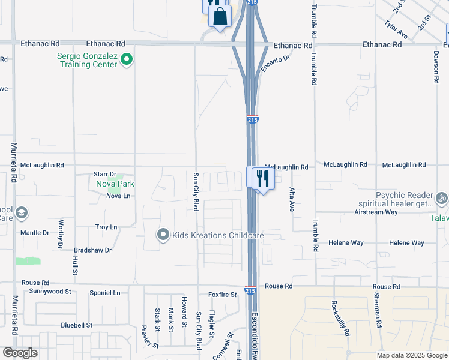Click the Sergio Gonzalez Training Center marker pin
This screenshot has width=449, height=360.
point(127,59)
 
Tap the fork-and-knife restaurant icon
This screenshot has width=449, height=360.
point(261,177)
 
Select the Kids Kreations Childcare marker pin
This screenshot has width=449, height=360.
point(163,235)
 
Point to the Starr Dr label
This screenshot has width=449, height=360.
point(104,174)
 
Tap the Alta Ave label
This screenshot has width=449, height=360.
point(292,199)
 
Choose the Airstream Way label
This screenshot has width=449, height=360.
point(376,212)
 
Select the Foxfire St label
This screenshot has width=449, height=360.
point(223,295)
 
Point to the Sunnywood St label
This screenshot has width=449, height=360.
point(50,291)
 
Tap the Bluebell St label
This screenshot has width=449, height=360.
point(76,325)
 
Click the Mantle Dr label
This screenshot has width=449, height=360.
point(34,233)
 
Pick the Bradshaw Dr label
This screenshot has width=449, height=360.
point(92,250)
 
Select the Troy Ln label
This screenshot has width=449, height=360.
point(106,227)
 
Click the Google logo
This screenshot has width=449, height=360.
point(20,353)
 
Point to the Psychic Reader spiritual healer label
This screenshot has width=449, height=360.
point(404,200)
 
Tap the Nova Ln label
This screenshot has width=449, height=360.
point(118,196)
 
